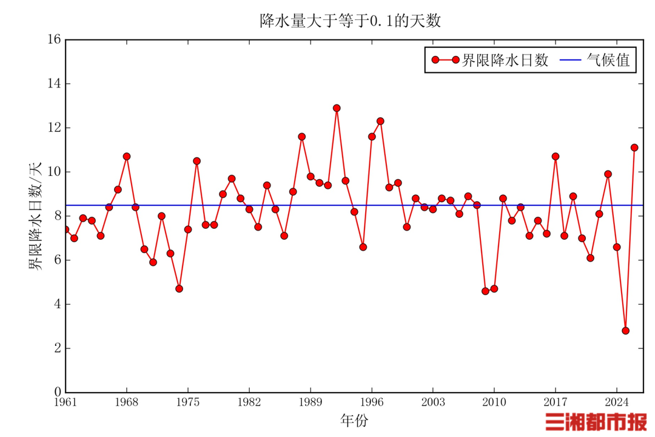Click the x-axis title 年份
click(x=353, y=420)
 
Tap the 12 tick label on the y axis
click(x=55, y=128)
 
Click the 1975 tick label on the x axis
click(x=188, y=402)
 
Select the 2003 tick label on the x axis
click(x=433, y=402)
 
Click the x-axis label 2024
click(x=617, y=402)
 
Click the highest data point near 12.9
click(x=337, y=108)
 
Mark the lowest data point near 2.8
click(x=625, y=331)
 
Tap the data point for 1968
click(x=127, y=157)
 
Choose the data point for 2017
click(x=556, y=157)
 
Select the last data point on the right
click(x=634, y=147)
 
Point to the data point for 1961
click(x=65, y=229)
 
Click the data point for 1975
click(x=188, y=229)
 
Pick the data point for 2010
click(x=494, y=289)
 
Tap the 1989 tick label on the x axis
click(x=311, y=402)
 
